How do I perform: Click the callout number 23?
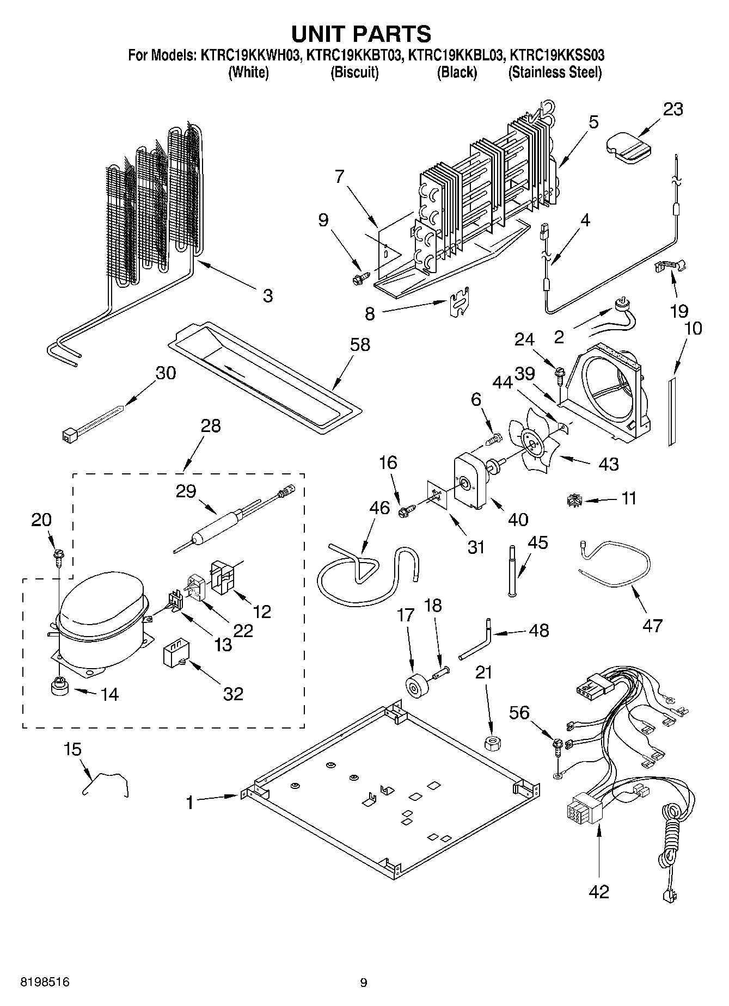672,109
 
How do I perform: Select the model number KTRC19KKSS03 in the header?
556,55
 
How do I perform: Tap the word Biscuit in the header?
354,72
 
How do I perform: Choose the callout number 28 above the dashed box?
211,425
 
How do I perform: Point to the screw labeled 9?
358,279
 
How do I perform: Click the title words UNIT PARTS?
362,33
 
